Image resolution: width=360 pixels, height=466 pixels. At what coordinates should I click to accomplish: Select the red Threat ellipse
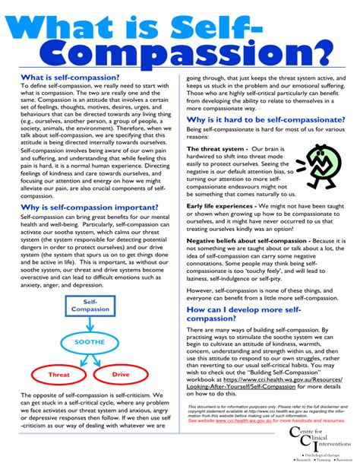point(58,375)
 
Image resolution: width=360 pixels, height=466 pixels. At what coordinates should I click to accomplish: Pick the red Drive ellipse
point(121,375)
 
